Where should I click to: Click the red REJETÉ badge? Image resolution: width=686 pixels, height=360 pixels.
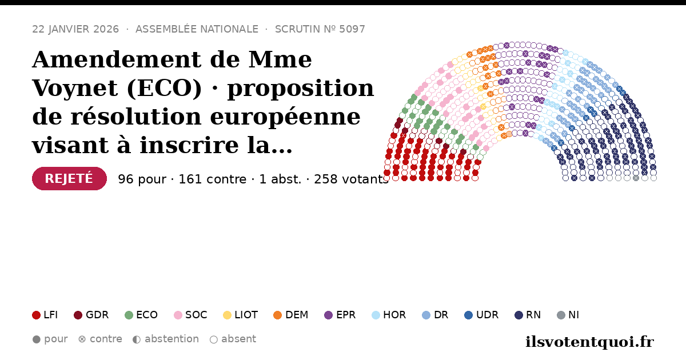click(69, 178)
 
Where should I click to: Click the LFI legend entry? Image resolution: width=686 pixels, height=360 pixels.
click(45, 315)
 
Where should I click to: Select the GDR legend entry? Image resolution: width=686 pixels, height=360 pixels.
click(91, 315)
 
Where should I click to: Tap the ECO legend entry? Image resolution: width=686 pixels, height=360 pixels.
click(141, 315)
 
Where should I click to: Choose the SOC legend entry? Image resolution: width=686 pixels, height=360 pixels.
click(190, 315)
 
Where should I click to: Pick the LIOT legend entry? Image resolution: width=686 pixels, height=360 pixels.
click(241, 315)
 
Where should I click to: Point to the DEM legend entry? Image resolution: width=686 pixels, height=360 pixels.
click(290, 315)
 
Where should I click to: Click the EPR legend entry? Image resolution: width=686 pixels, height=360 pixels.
click(340, 315)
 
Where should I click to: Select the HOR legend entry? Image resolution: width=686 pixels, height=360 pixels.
click(389, 315)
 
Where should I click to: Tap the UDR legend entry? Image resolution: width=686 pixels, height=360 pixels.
click(481, 315)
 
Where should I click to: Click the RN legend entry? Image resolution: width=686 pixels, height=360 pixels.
click(528, 315)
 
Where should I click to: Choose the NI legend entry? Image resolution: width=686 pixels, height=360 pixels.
click(568, 315)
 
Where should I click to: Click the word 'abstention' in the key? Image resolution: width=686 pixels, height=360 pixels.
click(171, 339)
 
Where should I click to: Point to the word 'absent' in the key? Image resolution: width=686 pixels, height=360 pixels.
click(238, 339)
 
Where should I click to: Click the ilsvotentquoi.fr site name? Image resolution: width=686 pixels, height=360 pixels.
click(589, 342)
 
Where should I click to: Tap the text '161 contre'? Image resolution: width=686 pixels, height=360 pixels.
click(212, 179)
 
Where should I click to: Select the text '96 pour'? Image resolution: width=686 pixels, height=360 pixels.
click(142, 179)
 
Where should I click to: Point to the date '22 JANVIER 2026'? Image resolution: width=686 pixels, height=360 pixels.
click(75, 29)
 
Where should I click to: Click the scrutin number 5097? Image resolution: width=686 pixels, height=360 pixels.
click(352, 29)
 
